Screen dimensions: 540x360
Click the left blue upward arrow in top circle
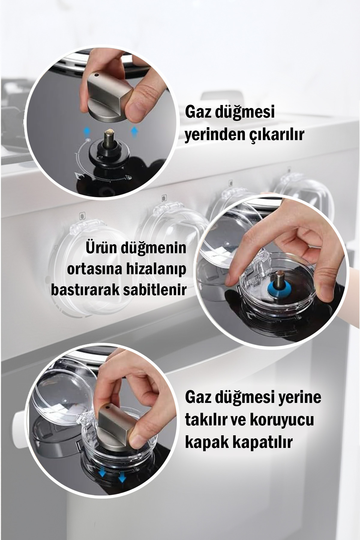click(86, 130)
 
